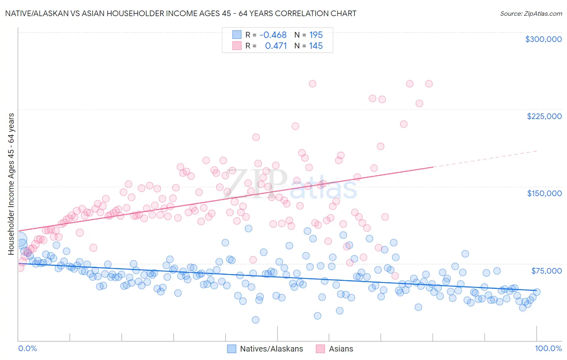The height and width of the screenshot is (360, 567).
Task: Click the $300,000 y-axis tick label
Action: pos(543,39)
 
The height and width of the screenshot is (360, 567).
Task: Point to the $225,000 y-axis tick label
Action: pos(544,116)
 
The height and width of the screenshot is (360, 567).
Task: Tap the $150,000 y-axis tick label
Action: pos(544,193)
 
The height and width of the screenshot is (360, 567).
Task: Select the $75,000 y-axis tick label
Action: pos(546,271)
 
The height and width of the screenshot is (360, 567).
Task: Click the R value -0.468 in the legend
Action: pos(273,35)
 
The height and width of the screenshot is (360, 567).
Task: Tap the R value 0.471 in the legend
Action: pos(276,46)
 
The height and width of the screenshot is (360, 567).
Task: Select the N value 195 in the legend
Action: pos(316,35)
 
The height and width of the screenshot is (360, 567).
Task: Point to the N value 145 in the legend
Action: pos(316,46)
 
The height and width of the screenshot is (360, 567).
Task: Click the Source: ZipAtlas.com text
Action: pos(531,14)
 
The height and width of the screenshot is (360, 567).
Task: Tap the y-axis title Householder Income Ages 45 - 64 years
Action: pos(11,184)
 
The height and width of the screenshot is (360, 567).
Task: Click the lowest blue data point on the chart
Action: pos(255,320)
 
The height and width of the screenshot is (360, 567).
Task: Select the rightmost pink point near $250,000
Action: pos(429,84)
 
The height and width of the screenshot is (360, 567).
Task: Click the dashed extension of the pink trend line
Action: pos(484,159)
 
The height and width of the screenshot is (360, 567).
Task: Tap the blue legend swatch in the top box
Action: pos(237,35)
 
